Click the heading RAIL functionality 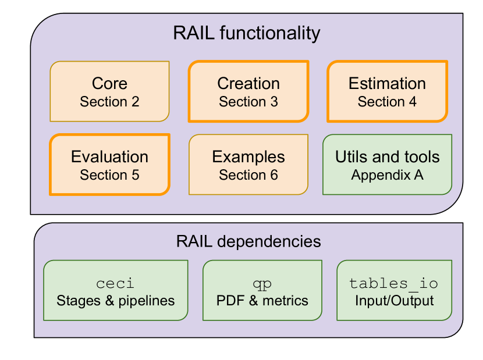246,33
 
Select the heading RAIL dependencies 248,241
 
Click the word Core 109,84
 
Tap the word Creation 248,84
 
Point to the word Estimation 387,84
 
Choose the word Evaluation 109,157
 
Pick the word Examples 248,157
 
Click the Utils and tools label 388,157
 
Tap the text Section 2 109,102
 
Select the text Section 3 248,102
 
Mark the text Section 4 387,102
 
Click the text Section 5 109,175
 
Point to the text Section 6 248,175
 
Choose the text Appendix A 388,175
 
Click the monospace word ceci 115,283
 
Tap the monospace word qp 262,283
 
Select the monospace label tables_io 394,283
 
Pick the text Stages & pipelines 115,301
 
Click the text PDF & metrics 262,301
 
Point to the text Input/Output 394,301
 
